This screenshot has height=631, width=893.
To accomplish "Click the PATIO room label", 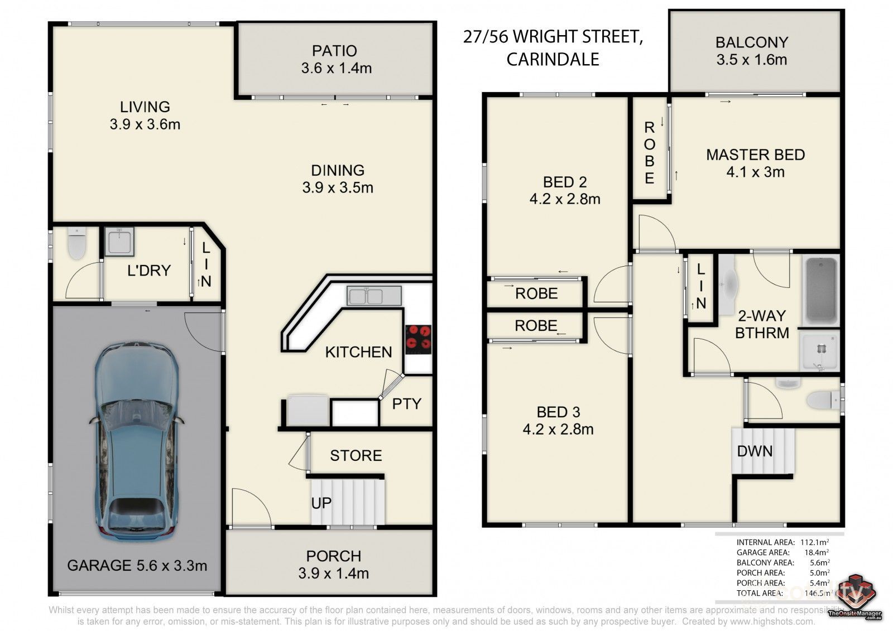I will pyautogui.click(x=334, y=51).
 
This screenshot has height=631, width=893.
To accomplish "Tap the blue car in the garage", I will pyautogui.click(x=137, y=441).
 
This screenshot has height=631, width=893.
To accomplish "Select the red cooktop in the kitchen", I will pyautogui.click(x=418, y=339).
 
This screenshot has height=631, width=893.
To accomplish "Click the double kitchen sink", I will pyautogui.click(x=374, y=295).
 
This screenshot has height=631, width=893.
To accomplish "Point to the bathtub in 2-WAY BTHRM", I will pyautogui.click(x=820, y=291).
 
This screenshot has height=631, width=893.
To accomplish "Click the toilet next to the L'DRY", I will pyautogui.click(x=76, y=244).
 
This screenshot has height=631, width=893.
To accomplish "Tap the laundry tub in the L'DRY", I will pyautogui.click(x=119, y=242).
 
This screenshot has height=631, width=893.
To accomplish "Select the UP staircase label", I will pyautogui.click(x=321, y=503).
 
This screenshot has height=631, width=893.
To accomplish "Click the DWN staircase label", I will pyautogui.click(x=755, y=451).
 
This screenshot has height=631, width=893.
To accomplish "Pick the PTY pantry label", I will pyautogui.click(x=406, y=404).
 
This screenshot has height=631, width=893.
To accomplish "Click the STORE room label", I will pyautogui.click(x=356, y=456).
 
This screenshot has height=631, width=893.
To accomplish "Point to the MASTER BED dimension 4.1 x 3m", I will pyautogui.click(x=755, y=172).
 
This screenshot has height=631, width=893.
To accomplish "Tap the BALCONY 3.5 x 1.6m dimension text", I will pyautogui.click(x=752, y=60).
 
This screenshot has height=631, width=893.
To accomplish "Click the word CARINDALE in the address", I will pyautogui.click(x=553, y=59).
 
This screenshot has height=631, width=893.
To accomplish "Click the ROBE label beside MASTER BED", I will pyautogui.click(x=649, y=153).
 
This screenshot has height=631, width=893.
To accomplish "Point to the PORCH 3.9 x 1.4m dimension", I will pyautogui.click(x=334, y=573).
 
